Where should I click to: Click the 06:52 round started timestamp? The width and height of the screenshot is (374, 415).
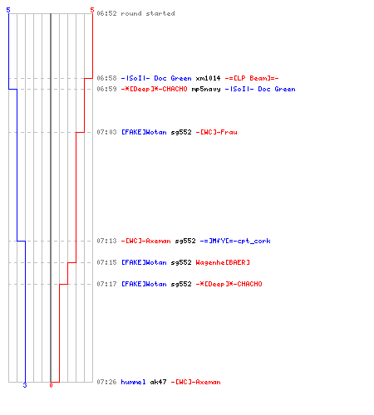pos(106,13)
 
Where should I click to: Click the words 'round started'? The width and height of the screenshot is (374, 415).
pos(148,13)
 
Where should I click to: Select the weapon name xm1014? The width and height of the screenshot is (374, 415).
pos(208,78)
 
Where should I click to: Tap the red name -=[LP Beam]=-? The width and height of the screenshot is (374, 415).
pos(252,78)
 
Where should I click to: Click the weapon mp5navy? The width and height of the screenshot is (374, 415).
pos(206,89)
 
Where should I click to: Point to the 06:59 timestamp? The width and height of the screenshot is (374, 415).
pos(106,89)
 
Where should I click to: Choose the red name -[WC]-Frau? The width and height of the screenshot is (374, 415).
pos(216,132)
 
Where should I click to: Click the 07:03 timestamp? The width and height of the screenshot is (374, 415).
pos(106,132)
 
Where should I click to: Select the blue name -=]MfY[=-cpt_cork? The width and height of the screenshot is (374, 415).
pos(235,241)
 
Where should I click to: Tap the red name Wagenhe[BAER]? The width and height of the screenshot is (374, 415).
pos(223,262)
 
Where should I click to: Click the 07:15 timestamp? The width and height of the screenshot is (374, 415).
pos(106,262)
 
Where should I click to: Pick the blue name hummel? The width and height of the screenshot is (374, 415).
pos(133,382)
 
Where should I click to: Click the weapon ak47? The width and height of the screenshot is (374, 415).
pos(158,382)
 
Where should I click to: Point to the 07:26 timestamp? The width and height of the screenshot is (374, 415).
pos(106,382)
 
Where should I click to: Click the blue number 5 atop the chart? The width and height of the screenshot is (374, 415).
pos(8,10)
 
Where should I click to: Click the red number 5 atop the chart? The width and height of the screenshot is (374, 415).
pos(92,10)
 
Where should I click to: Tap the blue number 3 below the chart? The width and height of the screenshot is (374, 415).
pos(25,385)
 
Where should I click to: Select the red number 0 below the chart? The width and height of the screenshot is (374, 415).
pos(51,385)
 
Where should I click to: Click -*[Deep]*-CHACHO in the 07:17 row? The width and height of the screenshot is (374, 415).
pos(229,284)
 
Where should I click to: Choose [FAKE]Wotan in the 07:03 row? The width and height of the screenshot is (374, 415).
pos(144,132)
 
